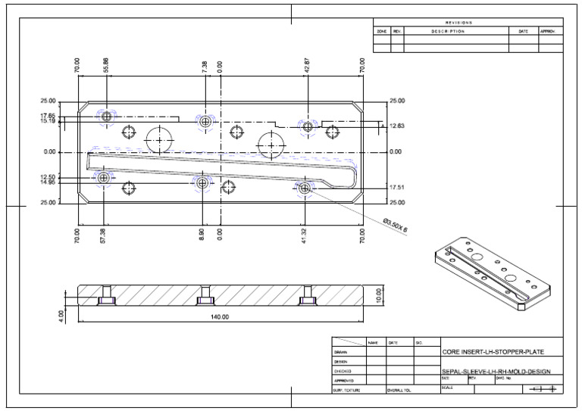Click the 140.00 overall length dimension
[x=220, y=316]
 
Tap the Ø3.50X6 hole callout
[x=395, y=226]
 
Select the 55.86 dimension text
[x=106, y=65]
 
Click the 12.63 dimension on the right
[x=397, y=126]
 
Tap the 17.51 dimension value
[x=397, y=187]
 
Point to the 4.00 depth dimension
[x=61, y=314]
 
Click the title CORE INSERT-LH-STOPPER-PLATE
[x=493, y=352]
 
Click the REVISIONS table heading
[x=468, y=23]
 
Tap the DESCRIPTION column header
[x=447, y=32]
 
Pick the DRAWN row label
[x=340, y=352]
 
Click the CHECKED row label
[x=343, y=371]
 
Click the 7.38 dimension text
[x=205, y=67]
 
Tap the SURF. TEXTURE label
[x=347, y=389]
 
